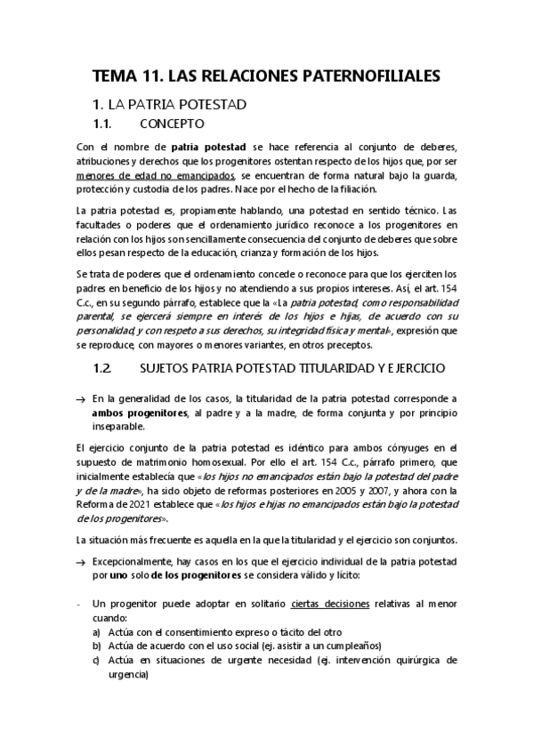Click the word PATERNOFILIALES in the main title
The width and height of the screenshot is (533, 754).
(x=360, y=77)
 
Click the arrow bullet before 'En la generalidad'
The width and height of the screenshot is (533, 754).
(x=81, y=400)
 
